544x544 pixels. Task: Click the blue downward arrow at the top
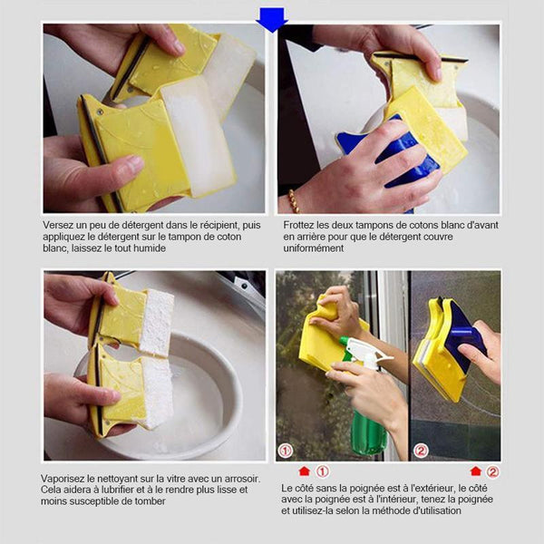point(272,20)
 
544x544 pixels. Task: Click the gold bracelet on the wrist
point(294,201)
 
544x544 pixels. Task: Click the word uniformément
point(314,248)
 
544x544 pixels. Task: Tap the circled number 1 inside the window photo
point(286,451)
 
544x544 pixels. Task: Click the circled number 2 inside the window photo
point(421,451)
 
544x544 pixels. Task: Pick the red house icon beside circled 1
point(305,471)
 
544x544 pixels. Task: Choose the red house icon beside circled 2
point(476,471)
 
